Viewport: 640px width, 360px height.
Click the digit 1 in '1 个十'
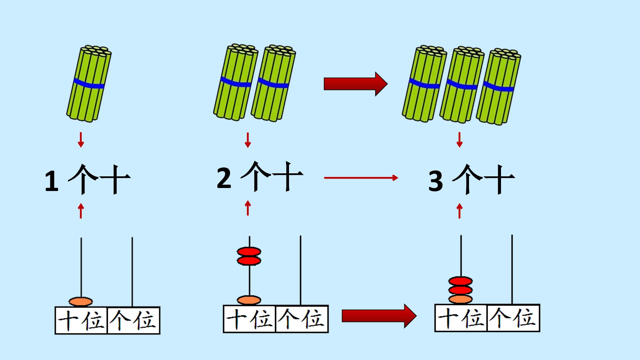52,182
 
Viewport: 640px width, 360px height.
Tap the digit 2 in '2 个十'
224,178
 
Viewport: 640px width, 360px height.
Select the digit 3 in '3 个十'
436,182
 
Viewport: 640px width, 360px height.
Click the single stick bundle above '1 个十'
89,83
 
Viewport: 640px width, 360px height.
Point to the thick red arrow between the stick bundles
356,84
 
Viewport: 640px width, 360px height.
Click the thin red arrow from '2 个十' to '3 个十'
361,178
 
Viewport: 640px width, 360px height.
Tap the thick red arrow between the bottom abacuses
379,316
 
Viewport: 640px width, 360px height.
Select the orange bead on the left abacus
80,302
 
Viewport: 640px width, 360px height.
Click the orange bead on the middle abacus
249,300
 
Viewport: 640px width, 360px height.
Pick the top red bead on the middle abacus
249,251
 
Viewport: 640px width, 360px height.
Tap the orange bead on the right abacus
460,299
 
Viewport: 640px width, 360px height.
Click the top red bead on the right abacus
460,281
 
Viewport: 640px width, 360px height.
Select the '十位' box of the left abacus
81,320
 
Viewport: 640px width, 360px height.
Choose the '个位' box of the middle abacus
302,319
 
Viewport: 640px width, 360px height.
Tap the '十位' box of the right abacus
461,318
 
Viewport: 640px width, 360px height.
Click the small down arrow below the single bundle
81,140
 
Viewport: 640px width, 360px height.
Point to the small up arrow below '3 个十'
460,211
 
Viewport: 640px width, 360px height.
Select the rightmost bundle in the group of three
498,87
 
